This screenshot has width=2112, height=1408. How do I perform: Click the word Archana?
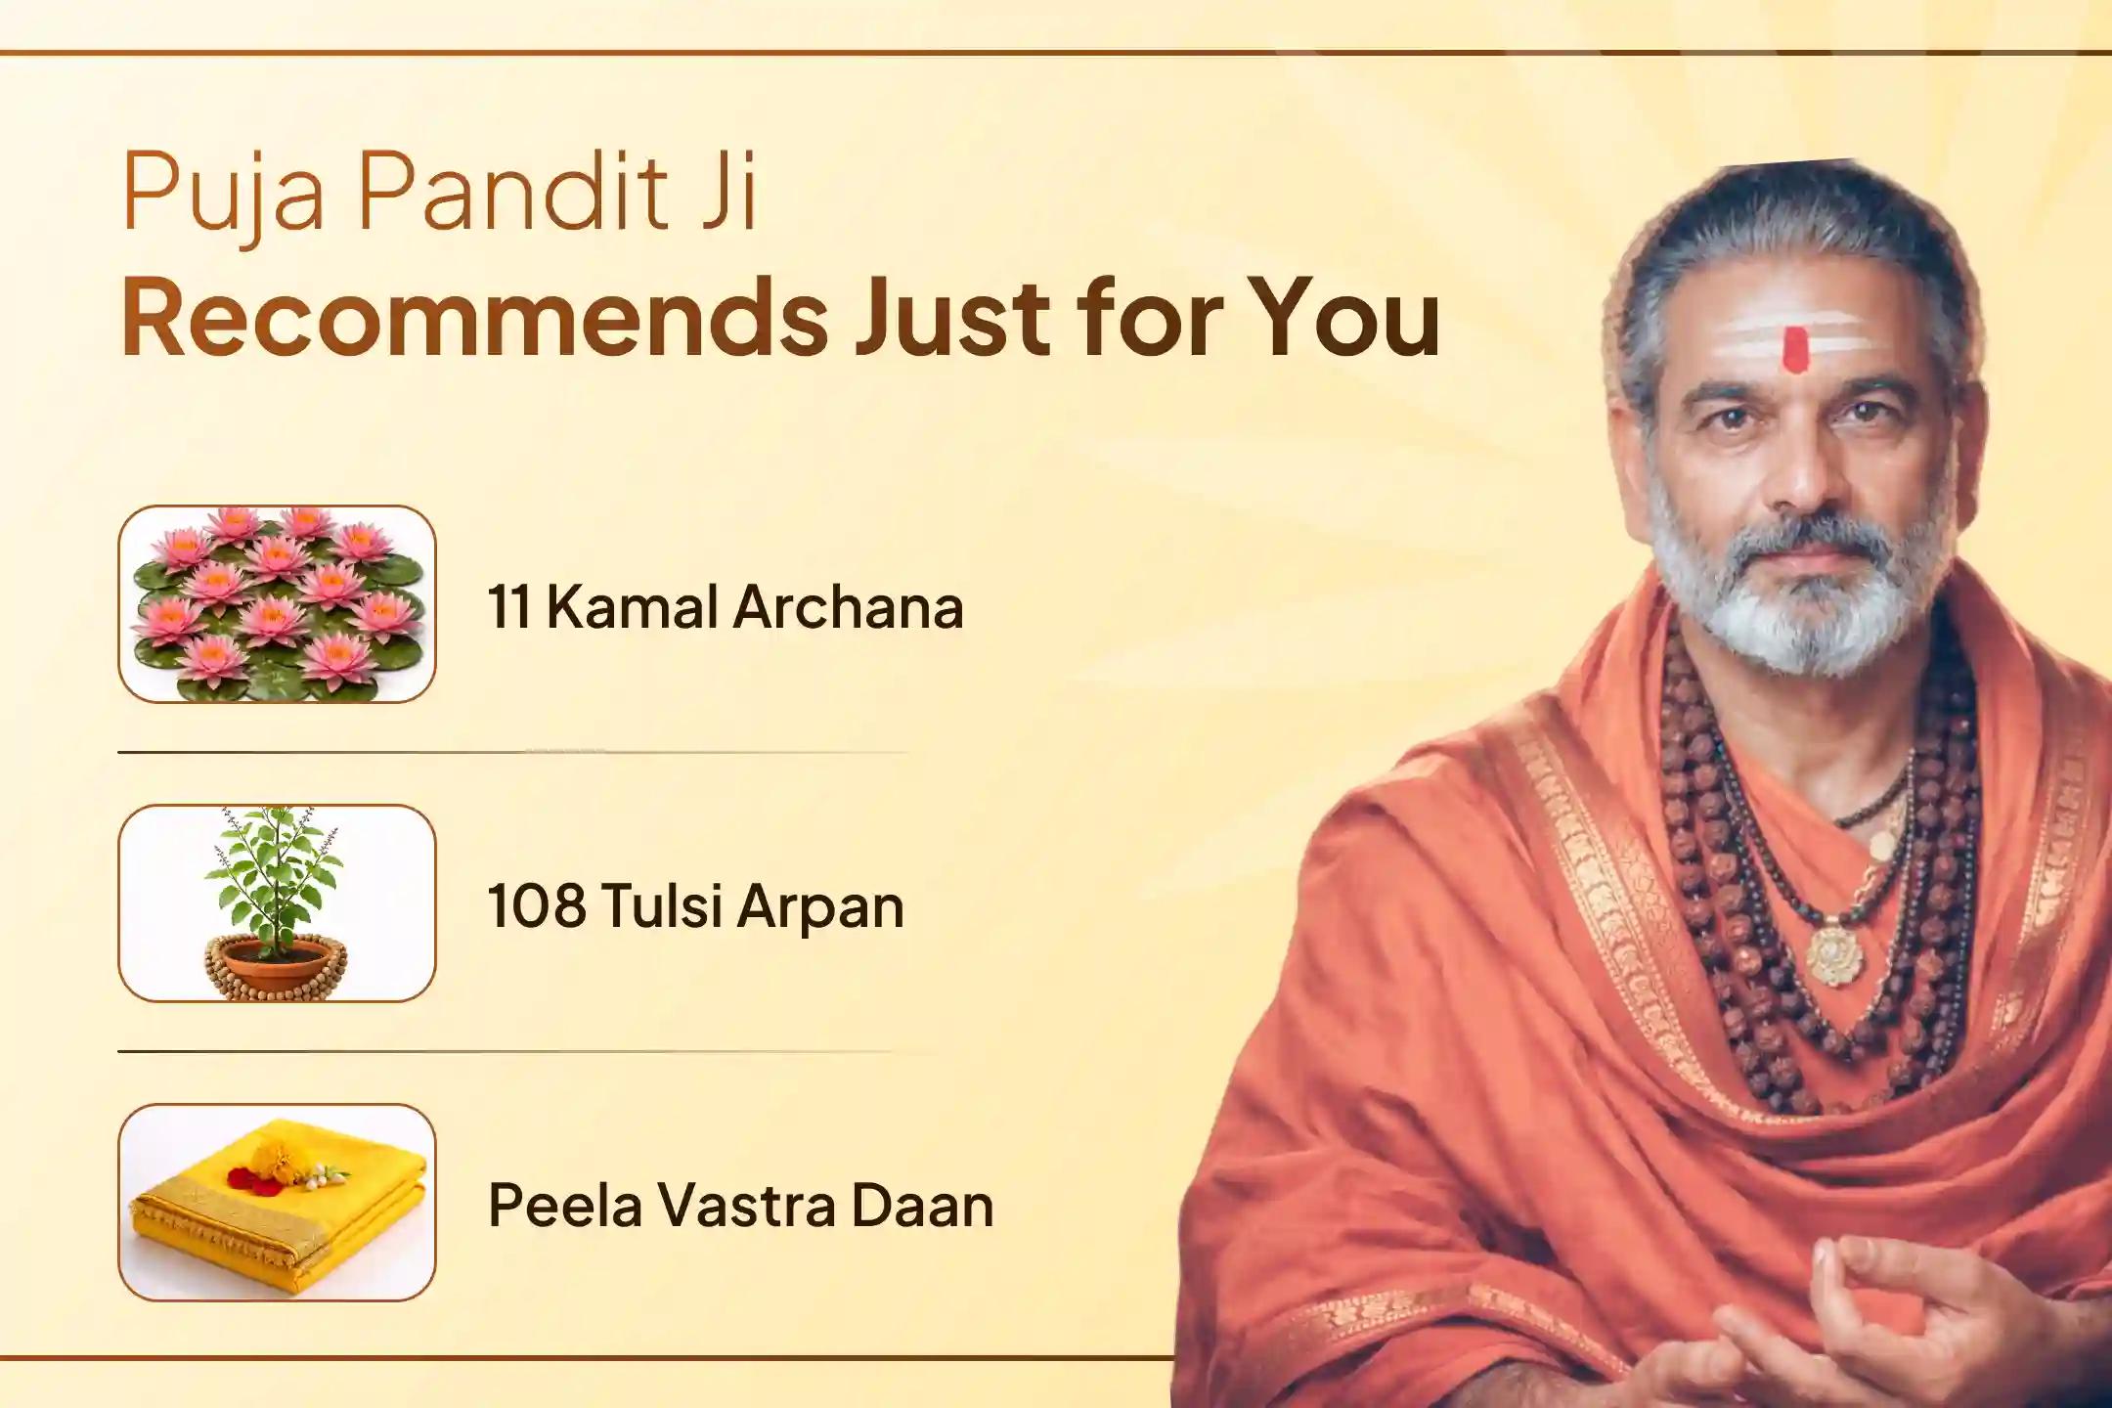point(849,607)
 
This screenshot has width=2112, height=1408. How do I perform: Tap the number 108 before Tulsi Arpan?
point(537,906)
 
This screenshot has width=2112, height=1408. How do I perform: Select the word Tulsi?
point(661,905)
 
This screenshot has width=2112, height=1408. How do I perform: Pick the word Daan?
point(922,1205)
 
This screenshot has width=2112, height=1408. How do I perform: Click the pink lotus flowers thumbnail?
point(277,603)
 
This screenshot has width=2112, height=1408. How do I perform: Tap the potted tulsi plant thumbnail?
point(277,902)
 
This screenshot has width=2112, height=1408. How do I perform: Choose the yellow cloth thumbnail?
point(277,1202)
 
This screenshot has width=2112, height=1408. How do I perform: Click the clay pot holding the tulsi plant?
point(275,963)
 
